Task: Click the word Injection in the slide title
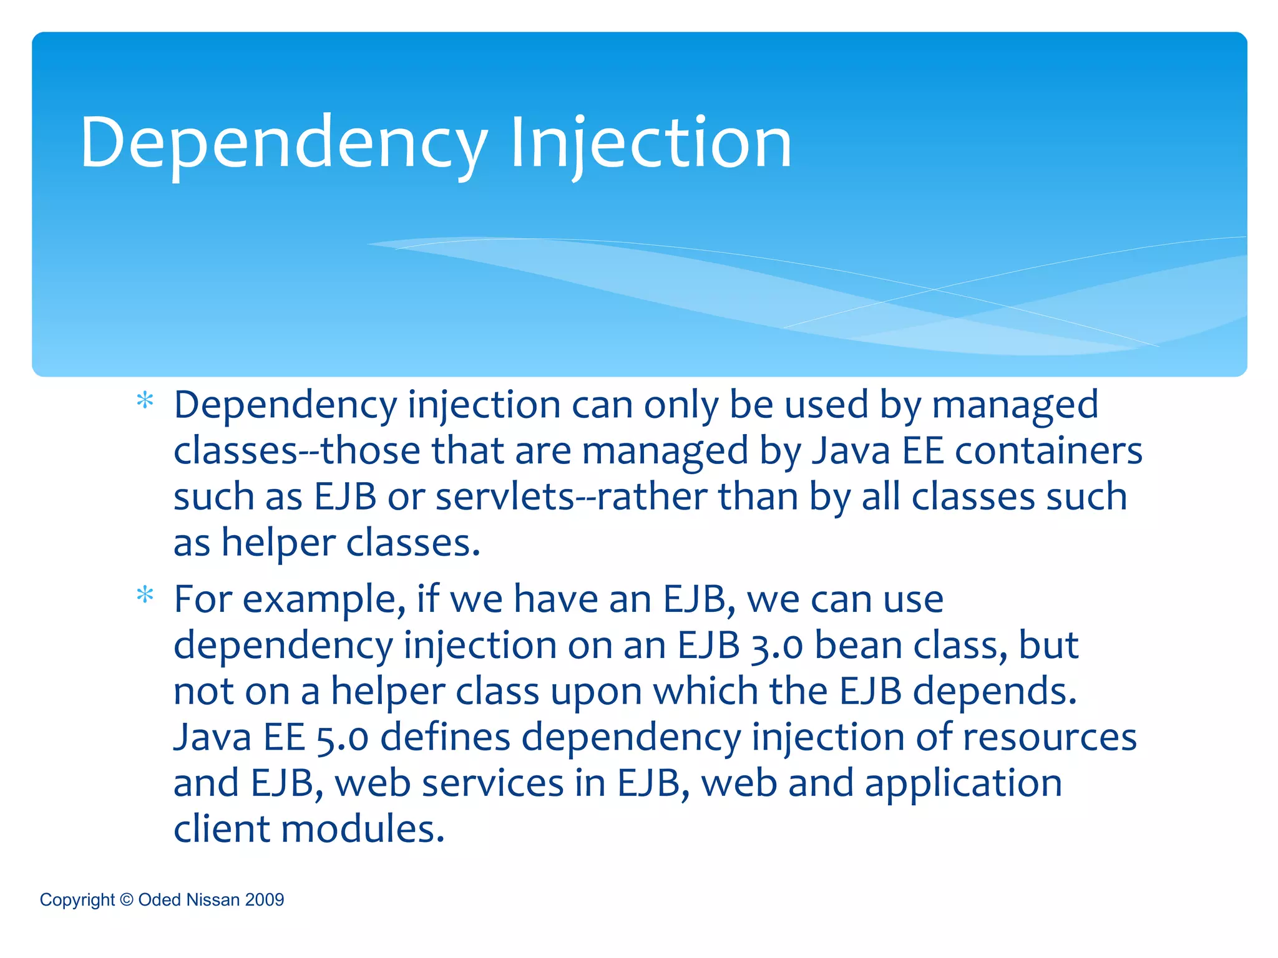(x=650, y=143)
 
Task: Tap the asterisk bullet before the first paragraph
(x=145, y=400)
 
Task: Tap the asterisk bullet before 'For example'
(x=145, y=595)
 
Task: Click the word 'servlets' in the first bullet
(x=504, y=497)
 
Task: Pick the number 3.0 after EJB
(x=776, y=646)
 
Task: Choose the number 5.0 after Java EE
(x=342, y=738)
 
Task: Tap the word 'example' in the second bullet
(x=319, y=600)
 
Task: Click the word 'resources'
(x=1050, y=738)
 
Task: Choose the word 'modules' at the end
(x=363, y=830)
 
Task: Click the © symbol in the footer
(x=126, y=899)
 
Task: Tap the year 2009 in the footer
(x=265, y=899)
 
